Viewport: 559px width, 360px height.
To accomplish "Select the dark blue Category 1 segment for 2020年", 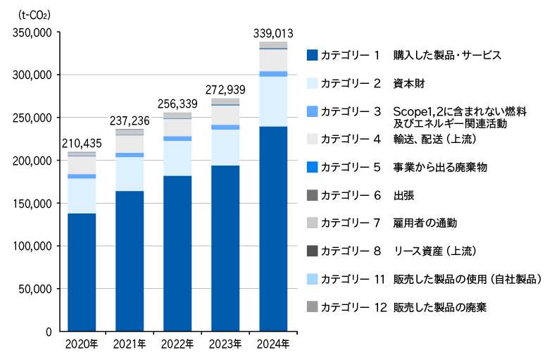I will (82, 272).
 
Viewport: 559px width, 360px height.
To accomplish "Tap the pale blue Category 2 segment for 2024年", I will (273, 101).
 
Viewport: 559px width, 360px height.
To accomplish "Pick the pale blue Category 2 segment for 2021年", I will (130, 173).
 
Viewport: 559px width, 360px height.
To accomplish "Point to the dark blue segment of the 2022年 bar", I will (177, 253).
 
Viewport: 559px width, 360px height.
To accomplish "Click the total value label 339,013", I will (273, 32).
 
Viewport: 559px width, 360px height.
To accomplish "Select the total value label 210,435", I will (82, 144).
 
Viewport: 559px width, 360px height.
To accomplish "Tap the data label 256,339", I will (177, 103).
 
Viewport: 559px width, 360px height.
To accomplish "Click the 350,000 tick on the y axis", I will (32, 32).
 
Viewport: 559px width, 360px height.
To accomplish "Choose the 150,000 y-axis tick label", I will (32, 203).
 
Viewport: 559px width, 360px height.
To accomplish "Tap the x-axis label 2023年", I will (225, 345).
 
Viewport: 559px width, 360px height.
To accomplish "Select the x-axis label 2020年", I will (82, 345).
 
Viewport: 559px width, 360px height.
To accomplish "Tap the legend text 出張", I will (403, 195).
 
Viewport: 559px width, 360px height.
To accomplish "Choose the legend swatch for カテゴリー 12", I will (313, 306).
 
